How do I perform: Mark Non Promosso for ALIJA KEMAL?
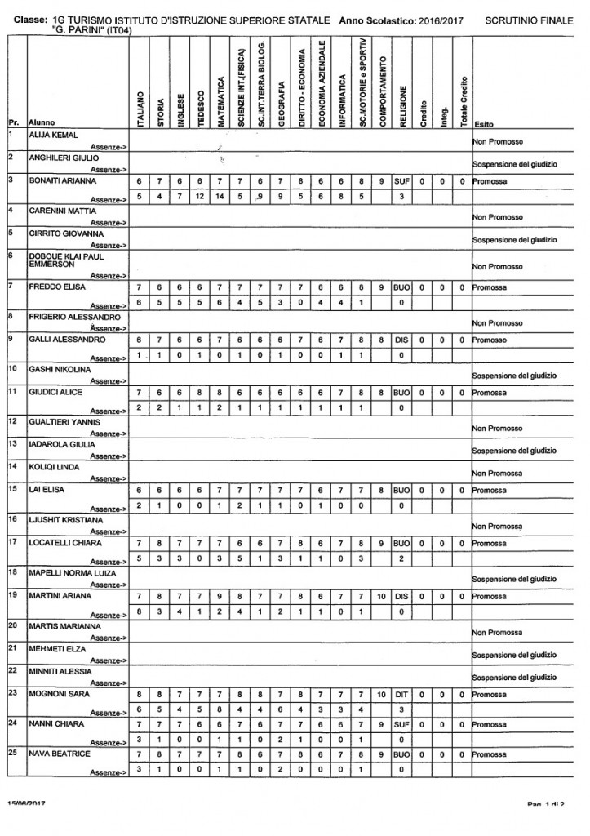pyautogui.click(x=497, y=141)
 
